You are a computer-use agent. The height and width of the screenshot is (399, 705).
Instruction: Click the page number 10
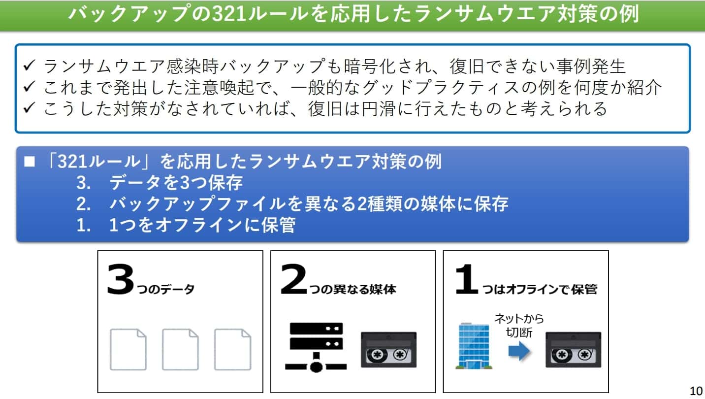[x=696, y=391]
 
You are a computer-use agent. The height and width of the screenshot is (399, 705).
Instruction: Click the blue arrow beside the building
[x=519, y=351]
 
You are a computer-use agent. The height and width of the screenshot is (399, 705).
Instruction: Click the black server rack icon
[x=315, y=346]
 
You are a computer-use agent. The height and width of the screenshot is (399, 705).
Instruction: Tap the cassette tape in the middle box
[x=388, y=349]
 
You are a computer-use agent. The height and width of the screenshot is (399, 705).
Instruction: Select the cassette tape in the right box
[x=573, y=349]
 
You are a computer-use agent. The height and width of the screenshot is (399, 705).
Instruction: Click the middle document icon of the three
[x=180, y=349]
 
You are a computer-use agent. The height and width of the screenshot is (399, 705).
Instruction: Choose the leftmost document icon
[x=128, y=349]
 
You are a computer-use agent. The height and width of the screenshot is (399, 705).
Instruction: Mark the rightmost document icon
[x=232, y=349]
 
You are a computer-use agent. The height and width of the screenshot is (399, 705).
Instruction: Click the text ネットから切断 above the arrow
[x=519, y=324]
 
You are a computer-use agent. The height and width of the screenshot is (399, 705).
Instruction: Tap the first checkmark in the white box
[x=29, y=66]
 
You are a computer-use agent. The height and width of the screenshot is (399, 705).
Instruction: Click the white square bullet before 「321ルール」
[x=30, y=162]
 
